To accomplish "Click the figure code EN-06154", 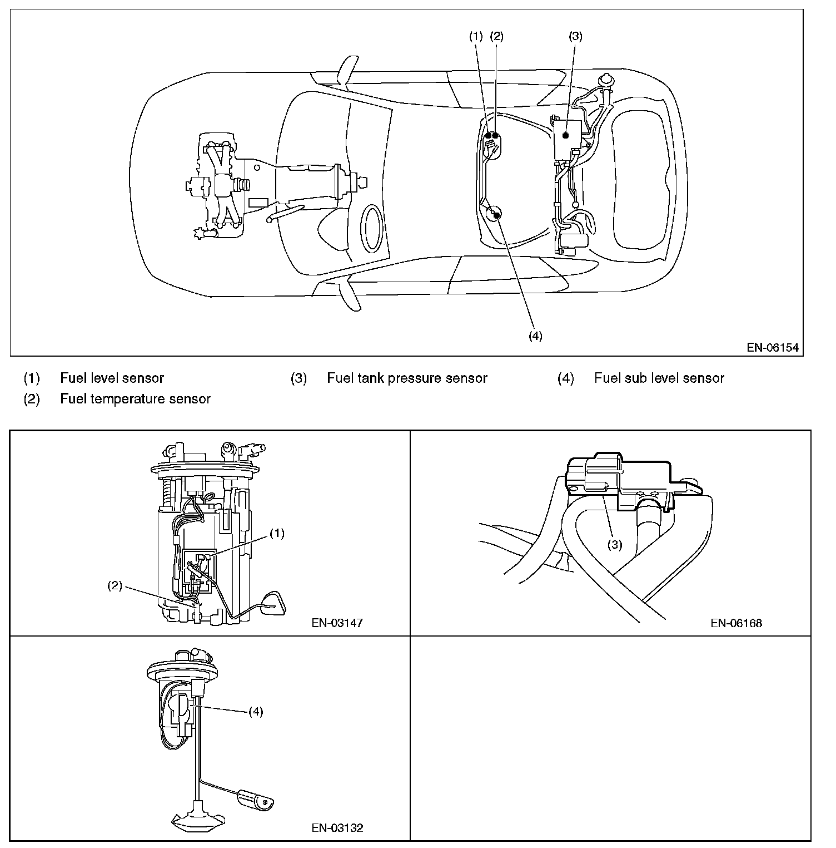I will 772,348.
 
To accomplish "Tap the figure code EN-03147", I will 337,623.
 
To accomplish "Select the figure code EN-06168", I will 737,623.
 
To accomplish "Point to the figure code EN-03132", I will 337,828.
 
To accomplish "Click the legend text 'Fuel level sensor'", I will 112,378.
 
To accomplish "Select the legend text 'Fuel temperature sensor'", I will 135,399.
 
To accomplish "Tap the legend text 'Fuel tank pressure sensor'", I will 407,378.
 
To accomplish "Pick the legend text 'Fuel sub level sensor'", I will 659,378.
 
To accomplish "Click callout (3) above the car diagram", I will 575,37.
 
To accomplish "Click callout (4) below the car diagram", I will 535,336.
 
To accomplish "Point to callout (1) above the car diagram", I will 476,37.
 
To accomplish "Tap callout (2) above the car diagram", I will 496,37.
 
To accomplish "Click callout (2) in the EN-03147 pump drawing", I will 115,586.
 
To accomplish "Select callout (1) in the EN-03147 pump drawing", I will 277,533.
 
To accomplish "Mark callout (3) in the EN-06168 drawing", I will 614,544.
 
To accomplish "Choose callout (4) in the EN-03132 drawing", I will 255,712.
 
